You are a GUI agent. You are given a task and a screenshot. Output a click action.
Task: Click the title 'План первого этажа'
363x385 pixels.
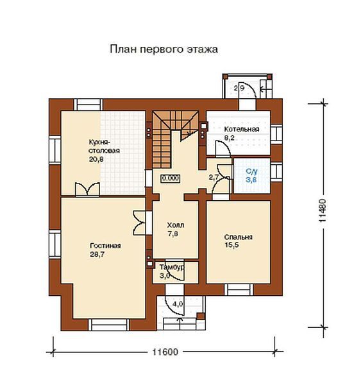click(164, 49)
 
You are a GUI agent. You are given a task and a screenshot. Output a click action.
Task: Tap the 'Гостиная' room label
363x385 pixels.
click(105, 246)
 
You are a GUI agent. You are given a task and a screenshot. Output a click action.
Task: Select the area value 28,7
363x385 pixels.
click(97, 254)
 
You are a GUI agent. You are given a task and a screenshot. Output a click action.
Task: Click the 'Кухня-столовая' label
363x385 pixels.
click(104, 146)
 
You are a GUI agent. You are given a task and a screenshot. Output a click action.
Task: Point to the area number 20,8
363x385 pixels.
click(96, 159)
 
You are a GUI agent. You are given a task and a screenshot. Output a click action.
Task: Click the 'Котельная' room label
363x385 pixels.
click(242, 129)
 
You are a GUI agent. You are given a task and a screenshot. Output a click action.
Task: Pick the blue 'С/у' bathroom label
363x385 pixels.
click(252, 171)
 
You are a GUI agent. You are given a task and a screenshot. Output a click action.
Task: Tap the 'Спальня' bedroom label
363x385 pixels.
click(239, 237)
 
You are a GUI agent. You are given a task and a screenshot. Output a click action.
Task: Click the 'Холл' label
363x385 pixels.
click(176, 225)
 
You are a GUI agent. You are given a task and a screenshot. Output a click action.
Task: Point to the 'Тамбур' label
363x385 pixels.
click(172, 267)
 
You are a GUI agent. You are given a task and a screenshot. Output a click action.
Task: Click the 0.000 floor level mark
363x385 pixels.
click(171, 178)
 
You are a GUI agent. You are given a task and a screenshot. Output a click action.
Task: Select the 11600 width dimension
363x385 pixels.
click(165, 352)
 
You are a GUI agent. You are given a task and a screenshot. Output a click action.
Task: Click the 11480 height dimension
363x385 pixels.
click(323, 210)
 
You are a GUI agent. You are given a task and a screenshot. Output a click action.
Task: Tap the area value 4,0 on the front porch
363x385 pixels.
click(178, 304)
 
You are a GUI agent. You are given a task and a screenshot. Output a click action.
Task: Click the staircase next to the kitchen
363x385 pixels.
click(175, 139)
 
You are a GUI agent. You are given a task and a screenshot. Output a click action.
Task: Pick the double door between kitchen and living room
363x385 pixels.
click(87, 189)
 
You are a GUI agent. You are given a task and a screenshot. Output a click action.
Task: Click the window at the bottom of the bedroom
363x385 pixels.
click(239, 290)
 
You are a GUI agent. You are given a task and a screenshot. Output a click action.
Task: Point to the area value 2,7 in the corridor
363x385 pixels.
click(214, 178)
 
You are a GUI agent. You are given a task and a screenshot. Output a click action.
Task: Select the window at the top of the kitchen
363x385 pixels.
click(89, 105)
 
